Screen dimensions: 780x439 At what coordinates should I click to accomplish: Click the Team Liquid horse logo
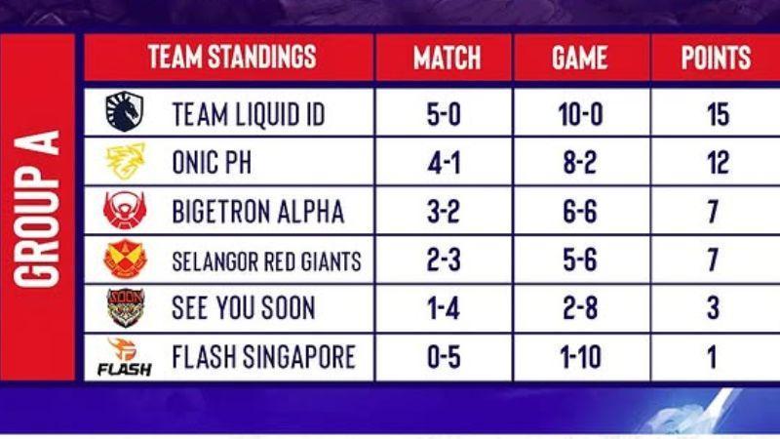[x=125, y=111]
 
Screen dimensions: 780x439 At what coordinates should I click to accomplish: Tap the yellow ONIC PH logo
[x=126, y=161]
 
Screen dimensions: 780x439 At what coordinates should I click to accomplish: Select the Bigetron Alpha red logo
[x=125, y=210]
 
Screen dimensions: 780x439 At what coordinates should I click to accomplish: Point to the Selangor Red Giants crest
[x=126, y=259]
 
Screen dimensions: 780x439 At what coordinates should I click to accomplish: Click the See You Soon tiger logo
[x=126, y=308]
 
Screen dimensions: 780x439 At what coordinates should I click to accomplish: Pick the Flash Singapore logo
[x=125, y=357]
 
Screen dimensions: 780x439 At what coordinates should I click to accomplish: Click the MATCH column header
[x=447, y=58]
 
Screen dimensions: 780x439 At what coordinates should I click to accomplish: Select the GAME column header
[x=579, y=58]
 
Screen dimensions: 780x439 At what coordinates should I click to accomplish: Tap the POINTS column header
[x=716, y=58]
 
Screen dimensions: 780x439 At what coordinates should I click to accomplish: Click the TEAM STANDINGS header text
[x=232, y=57]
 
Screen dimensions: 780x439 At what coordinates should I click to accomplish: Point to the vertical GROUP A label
[x=37, y=209]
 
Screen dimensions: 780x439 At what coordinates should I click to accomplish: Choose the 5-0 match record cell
[x=444, y=114]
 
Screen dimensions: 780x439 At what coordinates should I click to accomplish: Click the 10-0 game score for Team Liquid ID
[x=580, y=114]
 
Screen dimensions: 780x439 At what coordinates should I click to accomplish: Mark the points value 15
[x=718, y=114]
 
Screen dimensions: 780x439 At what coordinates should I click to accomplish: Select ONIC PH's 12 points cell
[x=718, y=162]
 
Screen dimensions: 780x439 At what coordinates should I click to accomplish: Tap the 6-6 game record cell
[x=580, y=211]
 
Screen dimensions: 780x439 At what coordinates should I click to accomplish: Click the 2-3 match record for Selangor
[x=444, y=259]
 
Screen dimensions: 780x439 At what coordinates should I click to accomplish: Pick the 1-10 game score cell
[x=580, y=357]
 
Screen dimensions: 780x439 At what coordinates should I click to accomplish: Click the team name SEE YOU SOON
[x=243, y=308]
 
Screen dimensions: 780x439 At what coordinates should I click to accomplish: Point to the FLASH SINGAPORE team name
[x=263, y=357]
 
